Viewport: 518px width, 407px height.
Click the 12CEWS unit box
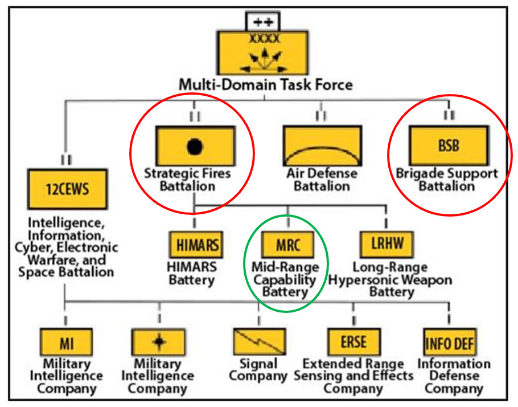pos(68,189)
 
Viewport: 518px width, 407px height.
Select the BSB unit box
pos(448,145)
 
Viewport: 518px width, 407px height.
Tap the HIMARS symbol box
pos(195,246)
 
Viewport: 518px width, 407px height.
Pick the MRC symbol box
pos(287,246)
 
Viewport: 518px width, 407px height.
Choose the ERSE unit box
pos(353,343)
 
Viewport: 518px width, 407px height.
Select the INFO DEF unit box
pos(450,343)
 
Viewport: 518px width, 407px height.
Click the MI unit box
pos(66,343)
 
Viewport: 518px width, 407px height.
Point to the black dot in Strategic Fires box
pos(195,146)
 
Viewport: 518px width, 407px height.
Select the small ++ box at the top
pos(264,22)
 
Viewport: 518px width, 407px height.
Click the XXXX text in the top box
pos(265,39)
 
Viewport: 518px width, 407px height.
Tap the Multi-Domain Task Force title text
pos(266,85)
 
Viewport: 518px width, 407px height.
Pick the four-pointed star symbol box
pos(159,343)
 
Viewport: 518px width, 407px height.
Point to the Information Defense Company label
pos(454,376)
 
